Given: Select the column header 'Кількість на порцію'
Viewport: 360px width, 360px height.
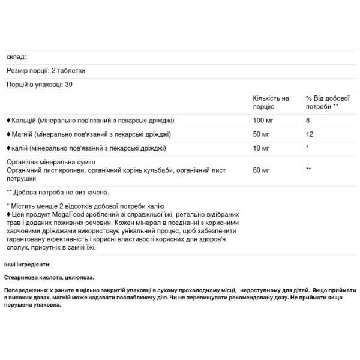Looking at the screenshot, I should tap(271, 101).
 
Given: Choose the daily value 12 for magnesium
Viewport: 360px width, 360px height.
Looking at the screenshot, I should tap(310, 134).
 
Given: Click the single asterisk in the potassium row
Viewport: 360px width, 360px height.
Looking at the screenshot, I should tap(308, 148).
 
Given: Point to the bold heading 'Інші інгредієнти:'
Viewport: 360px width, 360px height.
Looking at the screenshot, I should tap(27, 264).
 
